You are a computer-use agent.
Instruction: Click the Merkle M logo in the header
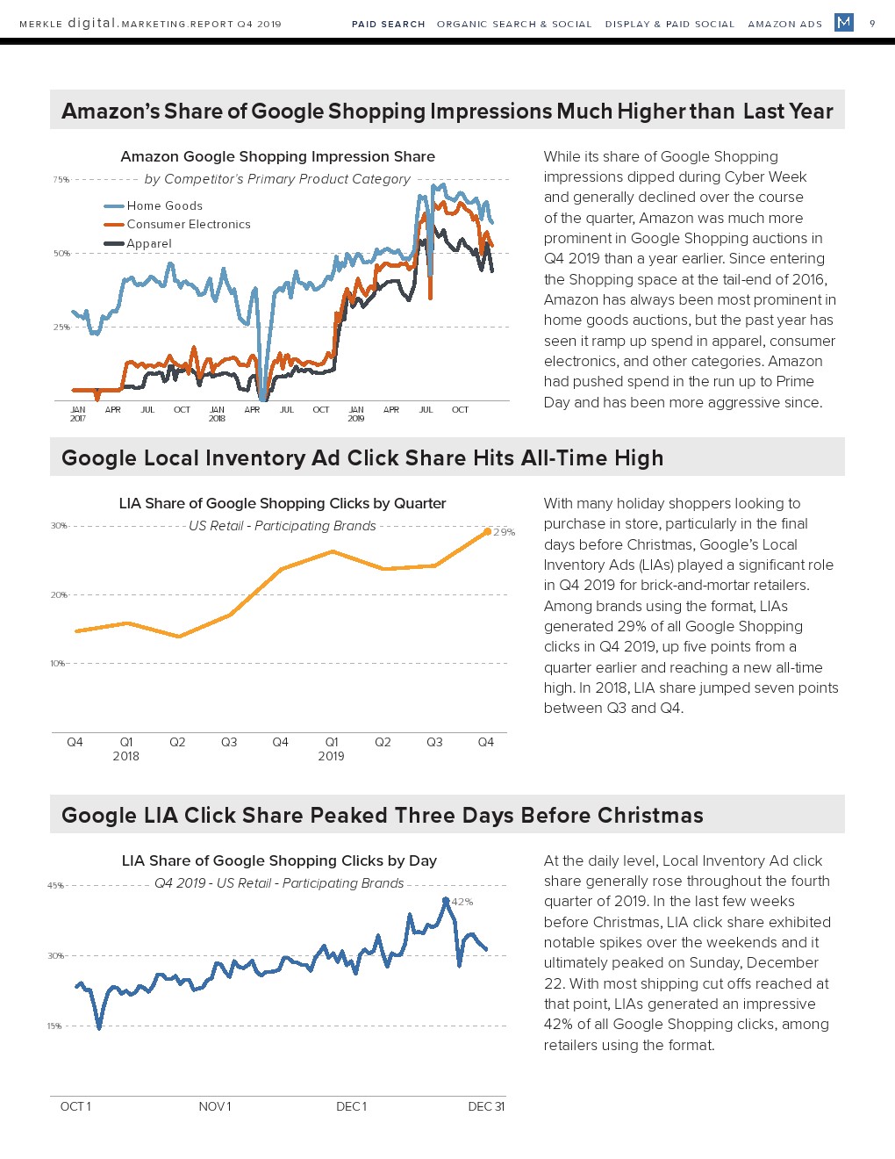click(x=844, y=22)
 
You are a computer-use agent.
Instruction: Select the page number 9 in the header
click(x=872, y=24)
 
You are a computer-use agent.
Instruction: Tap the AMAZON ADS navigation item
click(x=784, y=24)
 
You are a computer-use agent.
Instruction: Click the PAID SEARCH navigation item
click(x=388, y=24)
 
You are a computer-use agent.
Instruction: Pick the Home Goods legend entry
click(x=164, y=205)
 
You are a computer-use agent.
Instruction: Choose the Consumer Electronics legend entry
click(x=188, y=224)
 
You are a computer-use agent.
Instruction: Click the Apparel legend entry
click(x=149, y=243)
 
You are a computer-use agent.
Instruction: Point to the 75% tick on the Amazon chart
click(x=61, y=180)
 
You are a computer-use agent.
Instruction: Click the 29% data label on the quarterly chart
click(x=505, y=532)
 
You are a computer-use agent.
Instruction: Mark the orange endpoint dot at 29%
click(x=488, y=530)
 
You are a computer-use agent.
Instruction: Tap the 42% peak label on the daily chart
click(x=462, y=902)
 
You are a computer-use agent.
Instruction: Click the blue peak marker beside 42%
click(x=446, y=901)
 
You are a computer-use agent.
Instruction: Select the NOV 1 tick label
click(x=215, y=1106)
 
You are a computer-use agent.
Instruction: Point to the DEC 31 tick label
click(x=486, y=1106)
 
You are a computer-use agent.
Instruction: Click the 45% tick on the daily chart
click(x=55, y=885)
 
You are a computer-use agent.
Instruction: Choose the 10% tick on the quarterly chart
click(x=58, y=663)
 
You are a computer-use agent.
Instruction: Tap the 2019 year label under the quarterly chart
click(x=331, y=756)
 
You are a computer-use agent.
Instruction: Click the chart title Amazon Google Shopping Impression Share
click(x=277, y=156)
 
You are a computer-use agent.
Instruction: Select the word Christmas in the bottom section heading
click(x=650, y=815)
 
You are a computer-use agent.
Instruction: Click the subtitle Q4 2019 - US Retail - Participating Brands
click(x=279, y=883)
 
